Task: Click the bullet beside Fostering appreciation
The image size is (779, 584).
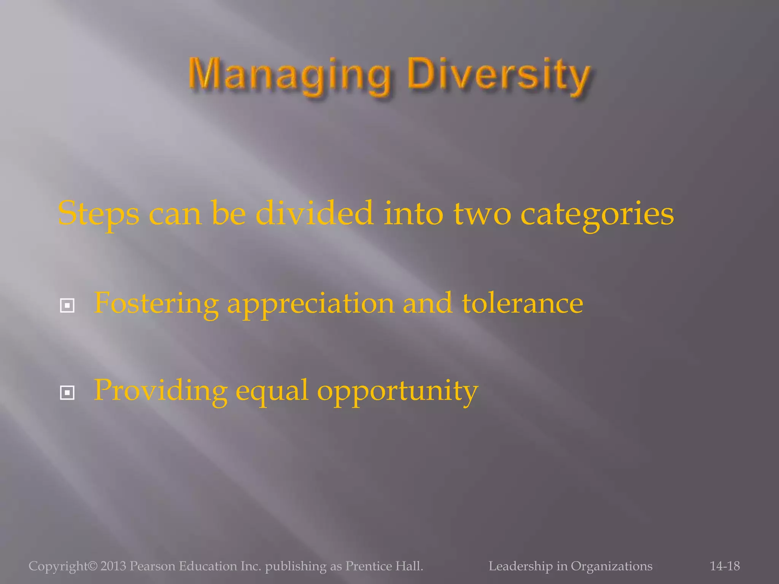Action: pos(67,305)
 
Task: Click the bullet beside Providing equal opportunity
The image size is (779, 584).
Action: pos(67,393)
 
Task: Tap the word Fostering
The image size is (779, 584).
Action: pos(156,303)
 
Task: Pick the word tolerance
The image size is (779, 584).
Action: pos(522,303)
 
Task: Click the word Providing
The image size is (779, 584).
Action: pos(161,391)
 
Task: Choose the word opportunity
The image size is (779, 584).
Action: pos(397,391)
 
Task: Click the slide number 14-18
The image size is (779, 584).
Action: pos(725,566)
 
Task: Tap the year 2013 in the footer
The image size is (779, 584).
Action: pos(113,566)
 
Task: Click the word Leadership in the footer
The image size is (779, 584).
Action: pos(520,566)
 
